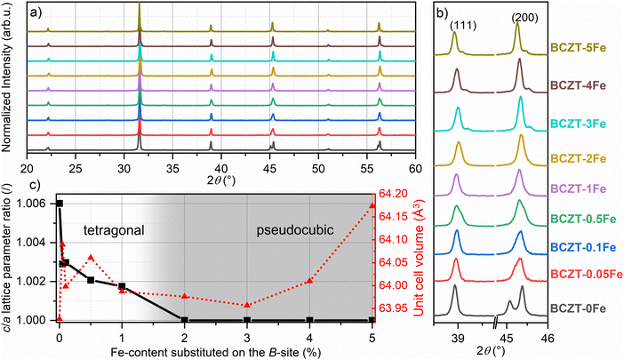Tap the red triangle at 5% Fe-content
point(372,206)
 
